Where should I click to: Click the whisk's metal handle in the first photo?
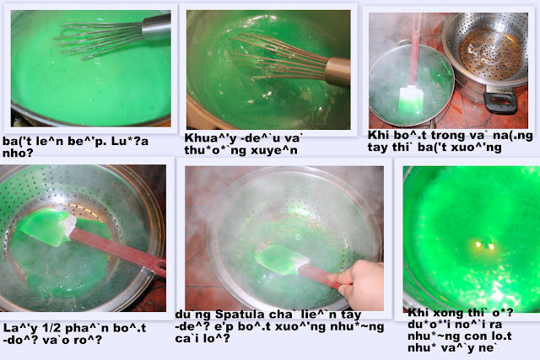pyautogui.click(x=156, y=27)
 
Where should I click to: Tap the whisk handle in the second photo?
pyautogui.click(x=337, y=72)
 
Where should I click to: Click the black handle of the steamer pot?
pyautogui.click(x=500, y=103)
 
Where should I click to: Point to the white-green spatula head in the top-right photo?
pyautogui.click(x=411, y=100)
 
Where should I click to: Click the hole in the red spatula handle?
pyautogui.click(x=160, y=265)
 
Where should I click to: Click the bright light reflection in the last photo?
pyautogui.click(x=484, y=245)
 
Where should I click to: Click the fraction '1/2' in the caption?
pyautogui.click(x=47, y=328)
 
